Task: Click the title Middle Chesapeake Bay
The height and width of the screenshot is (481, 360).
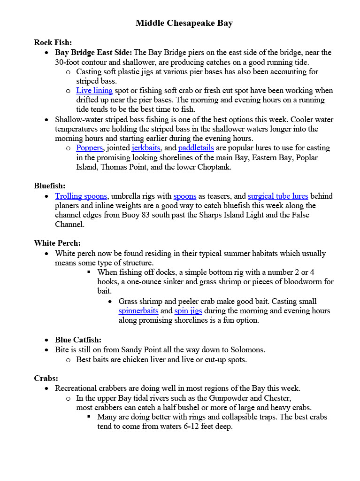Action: (184, 23)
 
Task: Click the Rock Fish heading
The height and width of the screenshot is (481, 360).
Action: (53, 42)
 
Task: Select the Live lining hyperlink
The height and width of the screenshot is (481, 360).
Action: (94, 90)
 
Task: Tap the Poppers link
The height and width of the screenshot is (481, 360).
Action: (89, 147)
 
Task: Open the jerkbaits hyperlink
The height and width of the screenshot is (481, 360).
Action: (146, 147)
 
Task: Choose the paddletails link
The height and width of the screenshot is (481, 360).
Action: (196, 147)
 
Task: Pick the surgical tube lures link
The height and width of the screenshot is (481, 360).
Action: (278, 196)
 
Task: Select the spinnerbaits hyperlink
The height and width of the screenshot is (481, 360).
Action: (139, 310)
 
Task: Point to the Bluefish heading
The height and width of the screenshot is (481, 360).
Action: (50, 186)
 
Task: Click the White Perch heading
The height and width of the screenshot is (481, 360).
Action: (57, 243)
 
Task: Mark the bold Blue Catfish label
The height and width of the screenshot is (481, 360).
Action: (78, 340)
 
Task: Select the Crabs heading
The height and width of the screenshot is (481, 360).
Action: (46, 378)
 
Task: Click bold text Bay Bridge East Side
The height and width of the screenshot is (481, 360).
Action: (93, 52)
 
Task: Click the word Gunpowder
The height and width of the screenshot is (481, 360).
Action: (225, 398)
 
